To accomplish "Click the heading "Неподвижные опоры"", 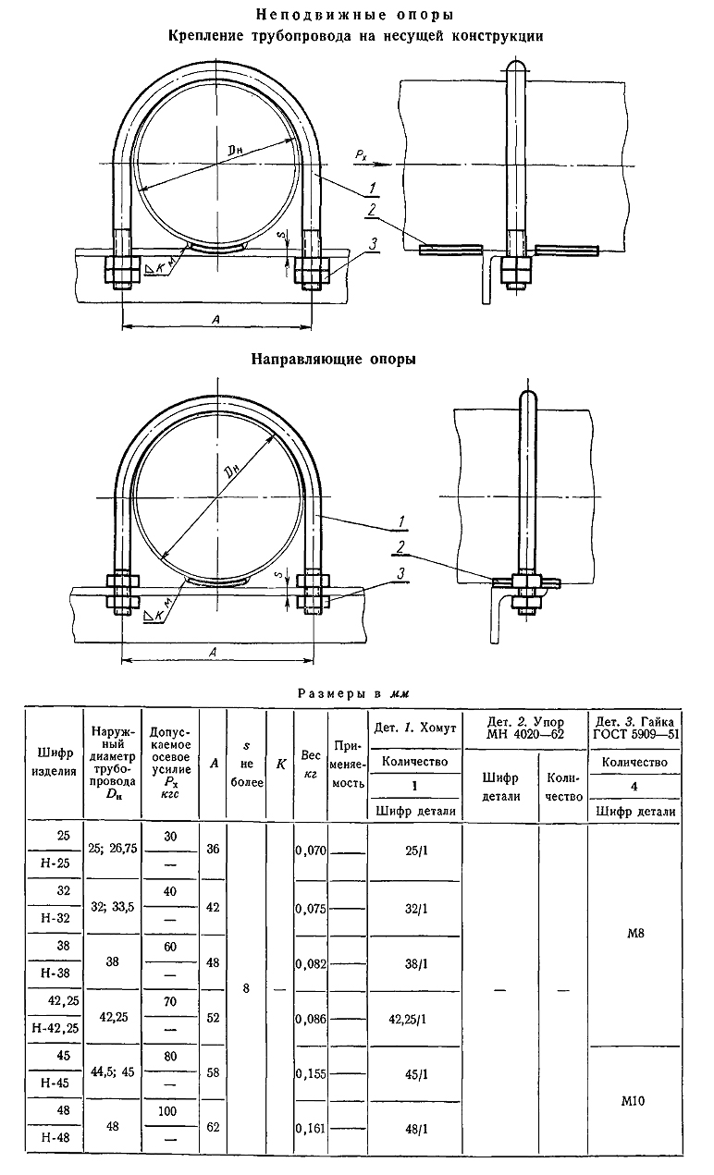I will tap(355, 15).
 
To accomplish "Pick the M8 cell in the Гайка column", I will tap(633, 934).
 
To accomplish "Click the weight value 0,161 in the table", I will tap(312, 1129).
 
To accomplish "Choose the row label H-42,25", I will tap(54, 1026).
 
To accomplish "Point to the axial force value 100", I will tap(169, 1113).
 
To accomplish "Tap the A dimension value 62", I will tap(214, 1128).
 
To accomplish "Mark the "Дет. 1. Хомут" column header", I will tap(415, 728).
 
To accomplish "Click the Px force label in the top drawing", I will tap(361, 156).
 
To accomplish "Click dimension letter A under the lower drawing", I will tap(215, 653).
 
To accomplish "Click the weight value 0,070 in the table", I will tap(312, 849).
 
